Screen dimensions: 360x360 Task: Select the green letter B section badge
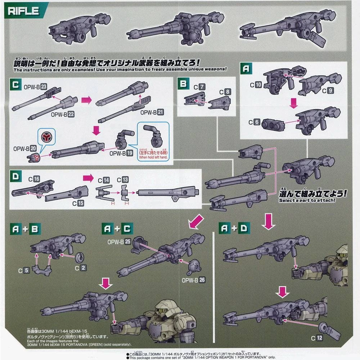point(183,84)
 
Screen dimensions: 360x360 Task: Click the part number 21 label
point(160,112)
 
